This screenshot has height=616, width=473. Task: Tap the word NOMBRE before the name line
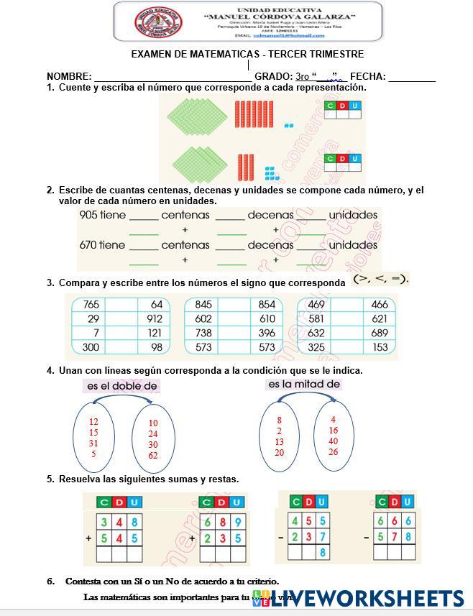pos(69,77)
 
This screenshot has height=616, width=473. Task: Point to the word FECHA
pos(367,77)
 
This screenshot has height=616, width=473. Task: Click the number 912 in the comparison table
pos(154,318)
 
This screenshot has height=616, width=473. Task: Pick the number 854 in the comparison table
pos(266,305)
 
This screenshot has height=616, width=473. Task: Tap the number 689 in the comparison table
pos(380,333)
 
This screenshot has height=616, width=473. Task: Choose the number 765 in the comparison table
pos(91,305)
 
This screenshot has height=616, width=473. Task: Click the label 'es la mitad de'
pos(304,385)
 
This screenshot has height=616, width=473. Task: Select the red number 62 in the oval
pos(153,456)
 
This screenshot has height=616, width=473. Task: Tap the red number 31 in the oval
pos(93,443)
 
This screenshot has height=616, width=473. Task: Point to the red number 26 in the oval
pos(334,452)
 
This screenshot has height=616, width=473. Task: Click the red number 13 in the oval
pos(279,442)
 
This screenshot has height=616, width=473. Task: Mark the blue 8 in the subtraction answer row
pos(323,553)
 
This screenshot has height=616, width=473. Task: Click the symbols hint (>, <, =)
pos(381,279)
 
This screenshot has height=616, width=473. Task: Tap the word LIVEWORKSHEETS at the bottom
pos(369,599)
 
